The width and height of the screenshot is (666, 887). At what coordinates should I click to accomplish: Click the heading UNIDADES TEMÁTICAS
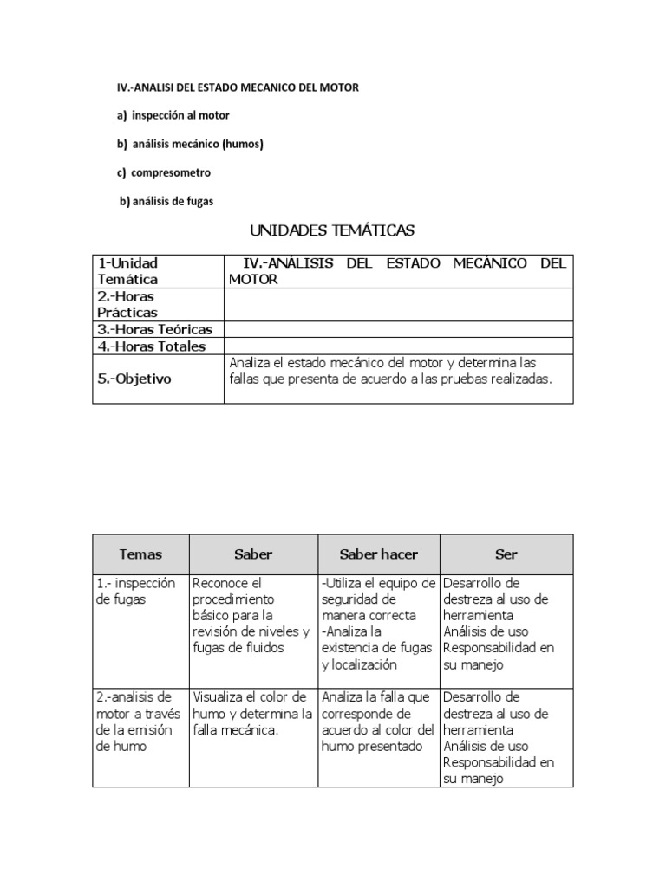click(x=332, y=230)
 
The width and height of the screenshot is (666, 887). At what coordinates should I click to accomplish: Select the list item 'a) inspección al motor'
click(x=173, y=115)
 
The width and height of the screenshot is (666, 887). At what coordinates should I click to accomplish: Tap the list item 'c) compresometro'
click(x=164, y=172)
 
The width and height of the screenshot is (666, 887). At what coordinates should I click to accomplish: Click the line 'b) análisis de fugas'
click(x=166, y=201)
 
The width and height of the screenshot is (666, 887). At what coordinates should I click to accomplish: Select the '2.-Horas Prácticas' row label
click(x=127, y=304)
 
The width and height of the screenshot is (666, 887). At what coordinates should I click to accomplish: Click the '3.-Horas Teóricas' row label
click(x=155, y=329)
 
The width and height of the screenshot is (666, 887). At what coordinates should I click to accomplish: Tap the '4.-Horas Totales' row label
click(x=152, y=346)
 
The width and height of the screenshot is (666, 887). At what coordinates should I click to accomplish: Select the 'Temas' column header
click(x=140, y=554)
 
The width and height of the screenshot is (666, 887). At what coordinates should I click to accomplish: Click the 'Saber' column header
click(x=253, y=554)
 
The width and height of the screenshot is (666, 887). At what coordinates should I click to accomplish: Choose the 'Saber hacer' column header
click(x=379, y=554)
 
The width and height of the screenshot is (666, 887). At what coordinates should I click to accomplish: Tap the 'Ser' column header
click(x=506, y=554)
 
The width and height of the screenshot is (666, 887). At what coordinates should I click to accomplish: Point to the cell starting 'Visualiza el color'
click(x=252, y=713)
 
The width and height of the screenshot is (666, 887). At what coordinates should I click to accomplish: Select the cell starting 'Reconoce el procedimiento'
click(x=252, y=615)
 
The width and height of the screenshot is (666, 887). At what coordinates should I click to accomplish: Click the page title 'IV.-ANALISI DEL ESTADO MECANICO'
click(x=238, y=87)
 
